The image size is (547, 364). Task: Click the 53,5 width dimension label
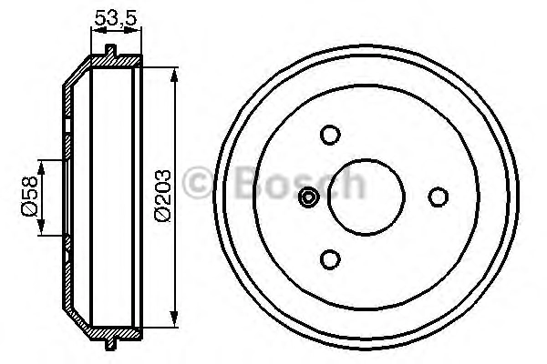116,18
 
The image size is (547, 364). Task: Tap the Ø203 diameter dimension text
162,196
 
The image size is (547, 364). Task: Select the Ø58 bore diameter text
29,197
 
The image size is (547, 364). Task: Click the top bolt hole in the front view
330,135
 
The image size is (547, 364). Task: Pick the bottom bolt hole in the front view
330,259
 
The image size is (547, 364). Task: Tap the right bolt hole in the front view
439,197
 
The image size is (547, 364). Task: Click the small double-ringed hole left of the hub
309,197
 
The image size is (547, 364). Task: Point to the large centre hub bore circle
366,159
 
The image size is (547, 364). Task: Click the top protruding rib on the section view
111,51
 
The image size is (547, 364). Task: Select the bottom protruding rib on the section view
110,344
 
